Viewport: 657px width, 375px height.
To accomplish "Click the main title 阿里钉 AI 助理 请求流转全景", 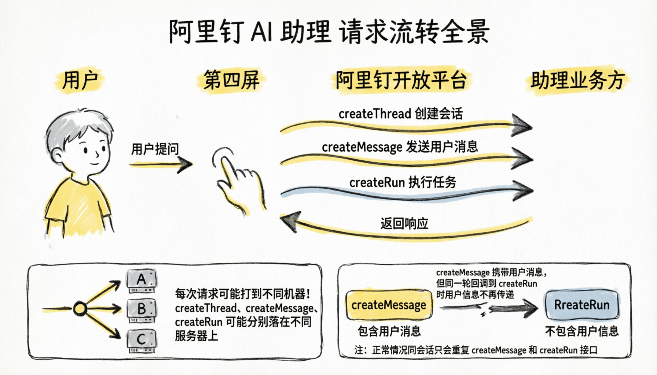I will click(x=329, y=31).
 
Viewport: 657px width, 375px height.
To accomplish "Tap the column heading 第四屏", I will click(x=232, y=80).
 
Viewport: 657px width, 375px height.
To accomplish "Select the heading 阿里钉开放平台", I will click(x=401, y=80).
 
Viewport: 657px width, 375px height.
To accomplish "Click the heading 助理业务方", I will click(x=577, y=80).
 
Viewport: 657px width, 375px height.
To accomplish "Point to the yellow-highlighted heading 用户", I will click(x=80, y=80).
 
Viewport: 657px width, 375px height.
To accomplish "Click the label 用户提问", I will click(x=155, y=149).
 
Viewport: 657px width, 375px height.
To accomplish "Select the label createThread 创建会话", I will click(x=400, y=114).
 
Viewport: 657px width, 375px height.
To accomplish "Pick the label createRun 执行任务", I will click(x=403, y=182).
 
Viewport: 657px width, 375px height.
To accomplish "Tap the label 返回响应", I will click(x=404, y=223).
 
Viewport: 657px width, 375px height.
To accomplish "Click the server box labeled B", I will click(x=142, y=310).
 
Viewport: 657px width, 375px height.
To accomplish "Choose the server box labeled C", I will click(x=142, y=340).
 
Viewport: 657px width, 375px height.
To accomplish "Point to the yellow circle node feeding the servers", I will click(x=80, y=309).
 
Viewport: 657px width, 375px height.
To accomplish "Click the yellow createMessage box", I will click(x=389, y=305).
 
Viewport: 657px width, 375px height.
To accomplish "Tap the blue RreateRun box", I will click(x=581, y=305).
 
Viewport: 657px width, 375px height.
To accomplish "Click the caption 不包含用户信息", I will click(x=581, y=331).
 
